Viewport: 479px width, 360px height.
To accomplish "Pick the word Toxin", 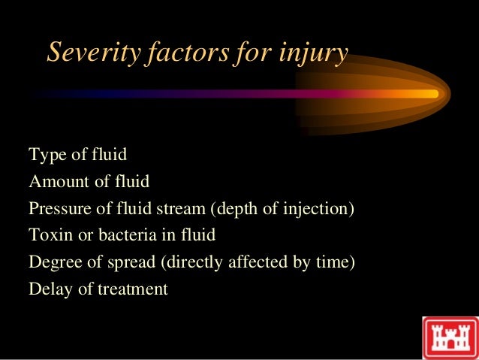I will (x=48, y=235).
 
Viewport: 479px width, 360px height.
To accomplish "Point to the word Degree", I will (x=54, y=262).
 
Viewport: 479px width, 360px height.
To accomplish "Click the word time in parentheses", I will (x=332, y=262).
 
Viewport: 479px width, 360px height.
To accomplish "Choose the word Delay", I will (x=49, y=289).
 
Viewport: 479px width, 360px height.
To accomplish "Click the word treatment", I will (x=133, y=289).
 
